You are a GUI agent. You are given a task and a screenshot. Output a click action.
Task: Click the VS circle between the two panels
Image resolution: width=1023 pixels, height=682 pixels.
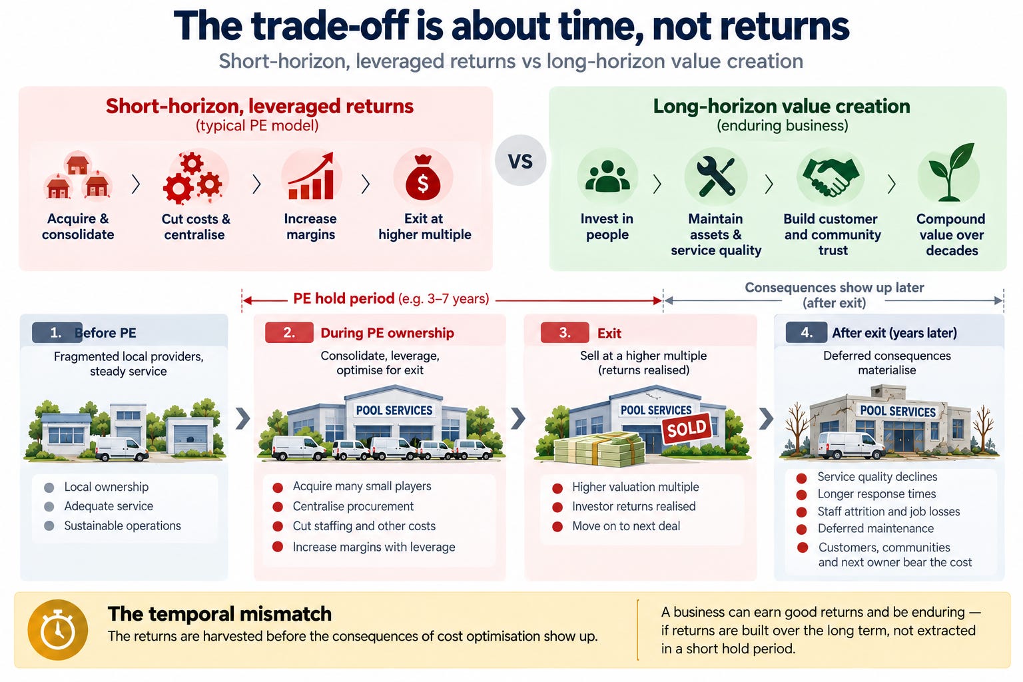520,161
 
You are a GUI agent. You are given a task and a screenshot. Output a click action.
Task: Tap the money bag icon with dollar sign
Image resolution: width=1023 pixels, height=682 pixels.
423,178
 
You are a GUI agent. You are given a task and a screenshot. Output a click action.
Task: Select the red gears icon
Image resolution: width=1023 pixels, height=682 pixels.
192,178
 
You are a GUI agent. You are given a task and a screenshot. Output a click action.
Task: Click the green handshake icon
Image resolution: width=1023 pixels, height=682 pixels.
831,176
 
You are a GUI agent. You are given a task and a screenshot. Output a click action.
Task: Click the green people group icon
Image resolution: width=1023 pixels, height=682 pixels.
607,176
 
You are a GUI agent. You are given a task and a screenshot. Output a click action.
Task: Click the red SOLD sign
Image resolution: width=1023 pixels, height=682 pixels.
687,428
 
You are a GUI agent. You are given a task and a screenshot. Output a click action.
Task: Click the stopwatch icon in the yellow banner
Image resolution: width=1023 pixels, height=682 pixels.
57,630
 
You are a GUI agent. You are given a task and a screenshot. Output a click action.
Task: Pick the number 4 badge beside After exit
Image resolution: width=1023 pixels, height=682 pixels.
806,332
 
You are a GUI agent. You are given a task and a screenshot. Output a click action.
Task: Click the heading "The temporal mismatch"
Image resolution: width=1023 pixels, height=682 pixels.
220,614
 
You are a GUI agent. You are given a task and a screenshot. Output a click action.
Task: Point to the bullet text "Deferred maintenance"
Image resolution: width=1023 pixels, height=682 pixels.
876,529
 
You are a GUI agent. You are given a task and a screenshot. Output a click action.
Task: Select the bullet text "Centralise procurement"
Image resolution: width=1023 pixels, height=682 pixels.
353,506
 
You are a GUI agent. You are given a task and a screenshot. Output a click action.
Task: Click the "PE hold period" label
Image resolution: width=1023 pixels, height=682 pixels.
344,298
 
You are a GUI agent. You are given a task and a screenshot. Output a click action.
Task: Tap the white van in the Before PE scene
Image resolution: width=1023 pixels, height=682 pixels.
122,448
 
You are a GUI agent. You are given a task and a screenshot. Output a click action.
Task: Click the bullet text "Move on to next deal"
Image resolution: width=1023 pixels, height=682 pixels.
626,525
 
